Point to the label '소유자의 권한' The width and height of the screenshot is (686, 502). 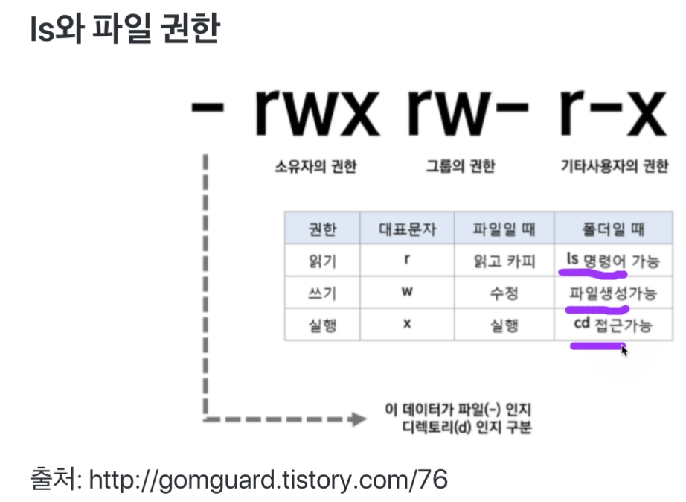pos(315,166)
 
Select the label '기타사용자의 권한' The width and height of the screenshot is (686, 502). pos(614,166)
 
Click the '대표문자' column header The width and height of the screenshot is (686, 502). pos(406,228)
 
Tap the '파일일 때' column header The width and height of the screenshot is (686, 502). pos(504,228)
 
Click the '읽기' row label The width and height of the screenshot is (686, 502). pos(322,261)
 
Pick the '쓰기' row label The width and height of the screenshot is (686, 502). pos(322,293)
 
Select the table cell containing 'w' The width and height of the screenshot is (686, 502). pos(406,292)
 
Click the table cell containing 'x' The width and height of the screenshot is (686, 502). pos(406,325)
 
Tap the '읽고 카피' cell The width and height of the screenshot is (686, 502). pos(504,261)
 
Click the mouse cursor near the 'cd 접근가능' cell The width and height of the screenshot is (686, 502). pos(624,349)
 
